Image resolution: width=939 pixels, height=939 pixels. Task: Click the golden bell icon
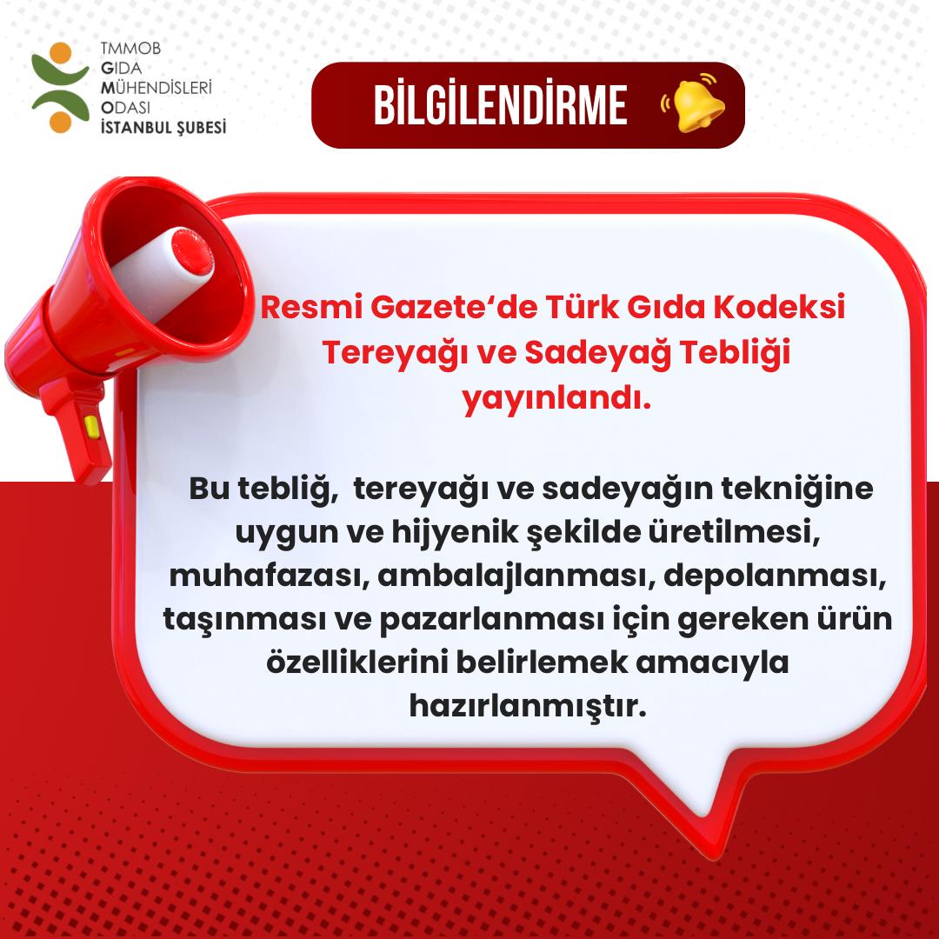click(693, 104)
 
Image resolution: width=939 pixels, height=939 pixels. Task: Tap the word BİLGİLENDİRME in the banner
click(500, 105)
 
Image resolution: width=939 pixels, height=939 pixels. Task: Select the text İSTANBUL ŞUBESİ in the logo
click(163, 127)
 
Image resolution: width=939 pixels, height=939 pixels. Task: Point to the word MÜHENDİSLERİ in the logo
click(156, 87)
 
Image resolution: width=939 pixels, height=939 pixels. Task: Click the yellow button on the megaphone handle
click(90, 425)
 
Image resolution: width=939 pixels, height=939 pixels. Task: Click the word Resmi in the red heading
click(304, 309)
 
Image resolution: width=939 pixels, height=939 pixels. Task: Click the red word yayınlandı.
click(556, 399)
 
